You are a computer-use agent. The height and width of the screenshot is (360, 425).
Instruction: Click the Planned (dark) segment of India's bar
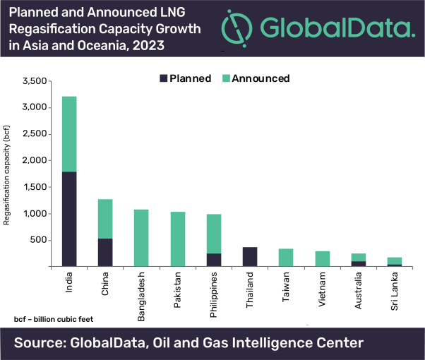(68, 219)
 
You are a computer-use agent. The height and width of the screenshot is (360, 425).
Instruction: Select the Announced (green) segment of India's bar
(68, 134)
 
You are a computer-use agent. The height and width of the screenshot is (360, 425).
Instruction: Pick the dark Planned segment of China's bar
(105, 252)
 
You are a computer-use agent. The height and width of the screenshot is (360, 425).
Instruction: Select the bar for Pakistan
(179, 239)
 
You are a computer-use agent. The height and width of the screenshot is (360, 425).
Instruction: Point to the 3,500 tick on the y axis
(35, 81)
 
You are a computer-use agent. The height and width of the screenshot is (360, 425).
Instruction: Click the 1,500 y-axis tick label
(35, 187)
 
